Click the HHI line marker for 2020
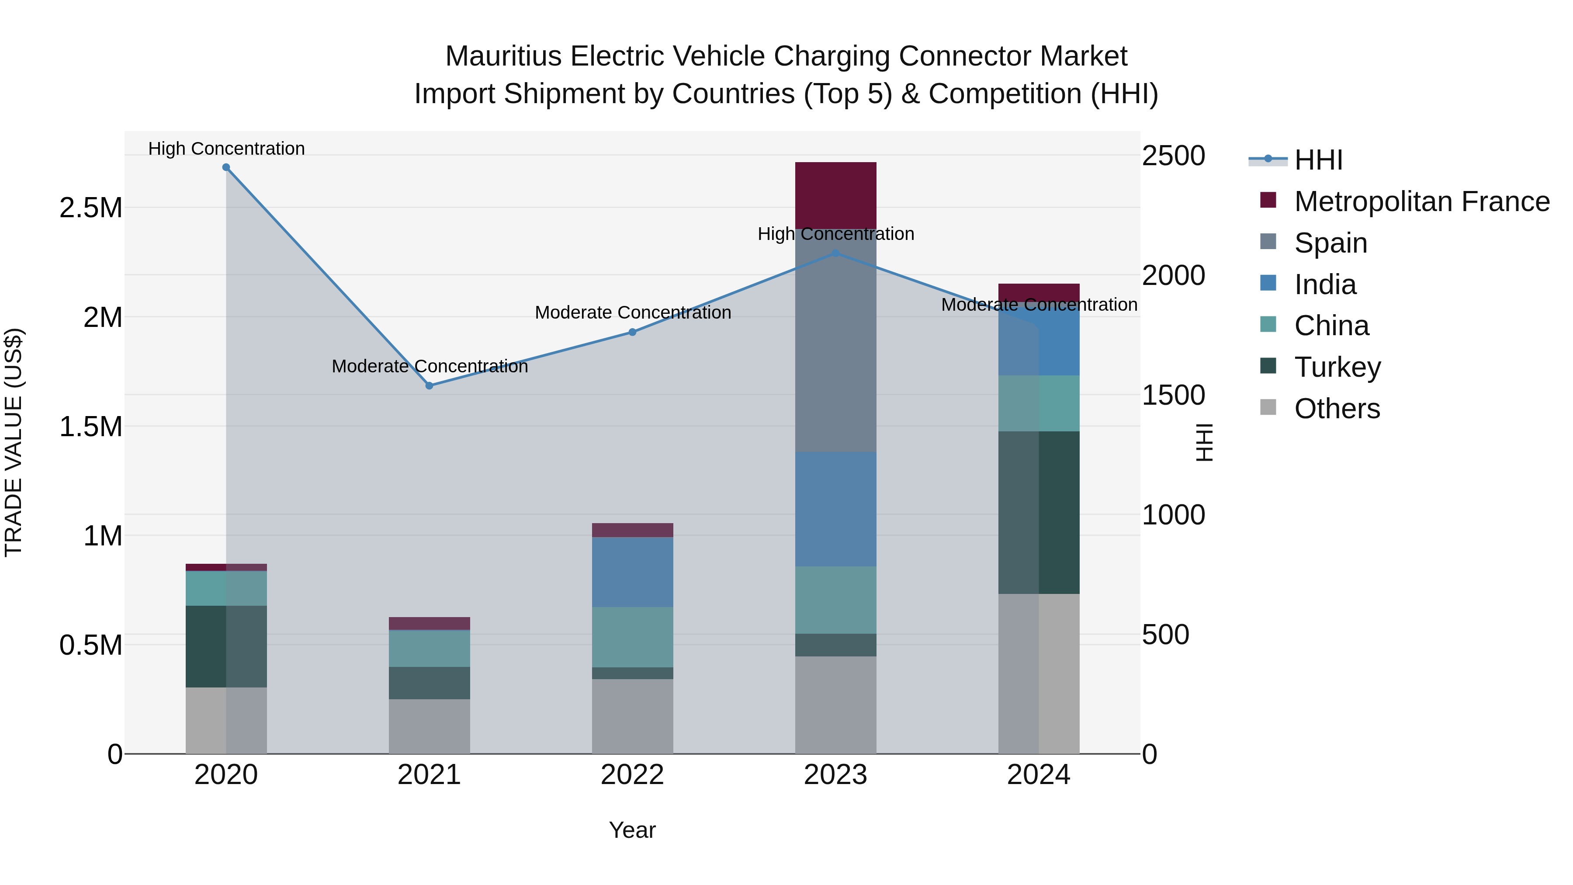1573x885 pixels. [226, 167]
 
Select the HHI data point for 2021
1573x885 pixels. [429, 385]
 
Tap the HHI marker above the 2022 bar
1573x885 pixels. [633, 332]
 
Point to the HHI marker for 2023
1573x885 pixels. [836, 253]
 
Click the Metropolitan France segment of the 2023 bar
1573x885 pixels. [835, 195]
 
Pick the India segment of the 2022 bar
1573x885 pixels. [633, 572]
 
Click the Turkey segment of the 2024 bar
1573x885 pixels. [1039, 513]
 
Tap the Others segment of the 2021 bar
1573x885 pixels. [429, 726]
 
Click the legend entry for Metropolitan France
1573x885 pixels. [1421, 201]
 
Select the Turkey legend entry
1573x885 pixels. [1337, 367]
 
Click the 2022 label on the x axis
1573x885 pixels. [633, 775]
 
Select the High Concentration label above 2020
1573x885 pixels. [226, 149]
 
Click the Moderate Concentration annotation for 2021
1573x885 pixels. [429, 367]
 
